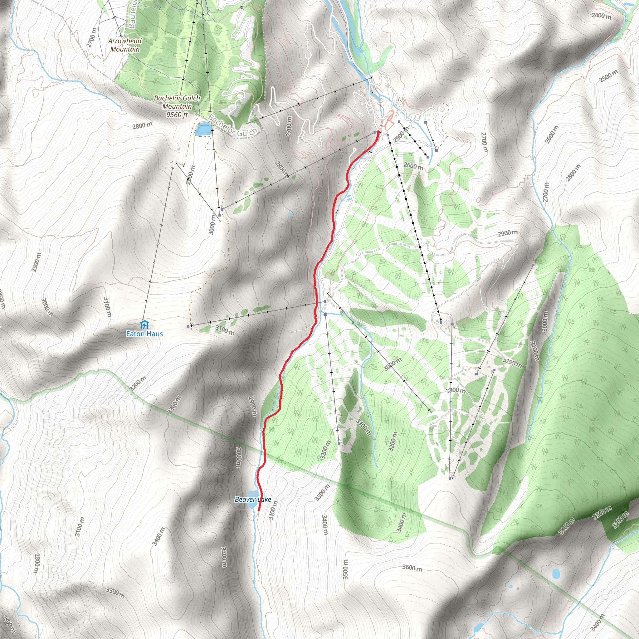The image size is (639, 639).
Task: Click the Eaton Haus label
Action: pos(144,334)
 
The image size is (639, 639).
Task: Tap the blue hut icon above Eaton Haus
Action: pos(144,324)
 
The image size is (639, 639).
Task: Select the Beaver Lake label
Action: pos(253,499)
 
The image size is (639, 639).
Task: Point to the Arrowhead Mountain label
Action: pos(125,45)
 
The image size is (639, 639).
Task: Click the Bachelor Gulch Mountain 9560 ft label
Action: pos(177,106)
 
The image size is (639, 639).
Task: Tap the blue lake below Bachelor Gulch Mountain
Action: pos(203,129)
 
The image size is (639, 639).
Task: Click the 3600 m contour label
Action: pos(412,568)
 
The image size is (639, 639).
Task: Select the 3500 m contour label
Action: pos(345,569)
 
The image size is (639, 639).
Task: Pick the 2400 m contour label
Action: pos(601,16)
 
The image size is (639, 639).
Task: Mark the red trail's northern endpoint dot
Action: pos(378,132)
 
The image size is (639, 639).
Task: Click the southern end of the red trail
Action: pos(258,510)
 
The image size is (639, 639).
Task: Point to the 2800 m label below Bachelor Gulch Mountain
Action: pos(143,125)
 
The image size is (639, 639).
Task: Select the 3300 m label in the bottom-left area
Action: pos(115,593)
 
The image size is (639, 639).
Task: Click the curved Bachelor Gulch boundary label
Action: pos(232,127)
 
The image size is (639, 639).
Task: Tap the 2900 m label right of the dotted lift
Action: pos(508,233)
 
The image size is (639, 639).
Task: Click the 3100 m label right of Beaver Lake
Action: pos(273,510)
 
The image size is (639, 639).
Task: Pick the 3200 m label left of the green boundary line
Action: pos(138,384)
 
